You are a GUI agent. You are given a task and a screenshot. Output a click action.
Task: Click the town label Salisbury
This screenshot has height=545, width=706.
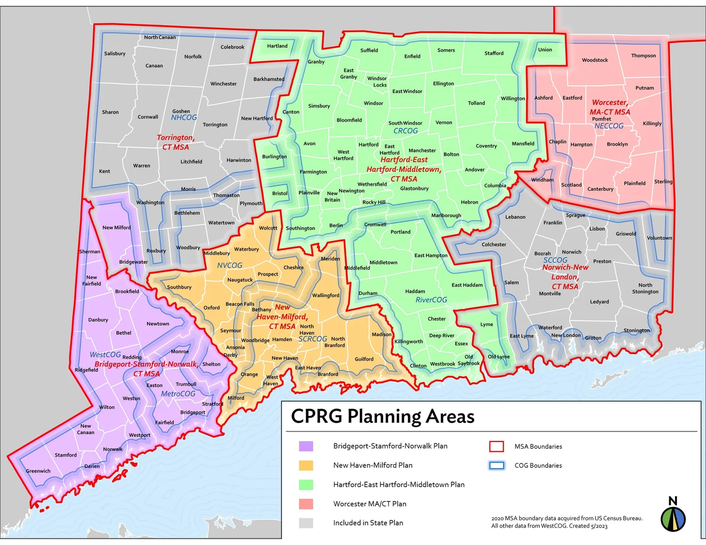[115, 54]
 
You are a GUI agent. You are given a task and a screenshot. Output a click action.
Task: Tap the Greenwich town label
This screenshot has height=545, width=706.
[38, 471]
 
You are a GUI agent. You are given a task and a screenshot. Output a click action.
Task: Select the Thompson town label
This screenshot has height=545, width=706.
[643, 55]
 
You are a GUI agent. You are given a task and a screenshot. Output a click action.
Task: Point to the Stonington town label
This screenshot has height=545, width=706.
[636, 331]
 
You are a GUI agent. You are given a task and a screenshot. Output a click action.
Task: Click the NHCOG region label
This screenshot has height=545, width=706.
[184, 118]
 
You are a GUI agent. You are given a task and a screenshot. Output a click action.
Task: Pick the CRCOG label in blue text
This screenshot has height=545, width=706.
[405, 131]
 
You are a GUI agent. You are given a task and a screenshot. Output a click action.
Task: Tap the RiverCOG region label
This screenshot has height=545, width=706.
[431, 300]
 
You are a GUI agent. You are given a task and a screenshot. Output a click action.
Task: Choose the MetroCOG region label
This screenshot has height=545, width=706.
[178, 394]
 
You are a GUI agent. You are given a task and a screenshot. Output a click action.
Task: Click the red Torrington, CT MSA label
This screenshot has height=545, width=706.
[176, 142]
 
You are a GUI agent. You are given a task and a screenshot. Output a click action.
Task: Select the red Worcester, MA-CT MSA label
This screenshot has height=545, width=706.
[610, 107]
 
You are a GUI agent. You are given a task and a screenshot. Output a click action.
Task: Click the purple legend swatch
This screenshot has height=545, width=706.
[306, 446]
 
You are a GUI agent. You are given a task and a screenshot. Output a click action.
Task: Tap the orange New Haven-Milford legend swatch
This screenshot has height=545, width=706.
[306, 466]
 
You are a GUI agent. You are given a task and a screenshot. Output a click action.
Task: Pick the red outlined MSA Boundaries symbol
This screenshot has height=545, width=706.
[497, 446]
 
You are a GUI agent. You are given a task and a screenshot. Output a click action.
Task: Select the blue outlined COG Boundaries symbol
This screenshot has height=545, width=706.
[497, 466]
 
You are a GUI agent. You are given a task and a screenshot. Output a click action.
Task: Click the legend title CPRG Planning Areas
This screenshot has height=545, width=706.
[383, 417]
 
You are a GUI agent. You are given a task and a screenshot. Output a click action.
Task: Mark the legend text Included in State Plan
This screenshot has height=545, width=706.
[368, 523]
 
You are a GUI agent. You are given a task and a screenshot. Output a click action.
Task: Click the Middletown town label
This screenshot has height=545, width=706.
[383, 263]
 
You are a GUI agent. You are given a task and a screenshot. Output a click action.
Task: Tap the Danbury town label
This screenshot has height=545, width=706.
[98, 320]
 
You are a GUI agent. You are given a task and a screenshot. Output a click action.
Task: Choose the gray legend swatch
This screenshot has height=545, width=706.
[306, 523]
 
